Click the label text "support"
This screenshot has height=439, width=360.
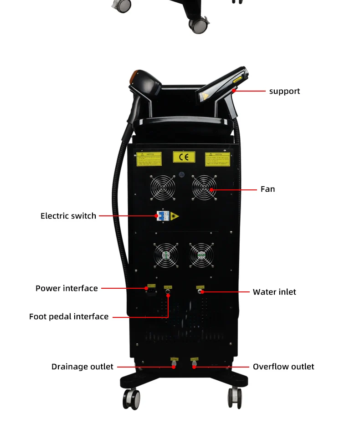click(284, 91)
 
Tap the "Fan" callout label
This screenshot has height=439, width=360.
click(267, 189)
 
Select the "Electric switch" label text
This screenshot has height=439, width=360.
click(68, 216)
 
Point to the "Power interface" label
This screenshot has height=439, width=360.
click(67, 288)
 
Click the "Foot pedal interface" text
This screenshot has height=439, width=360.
click(69, 316)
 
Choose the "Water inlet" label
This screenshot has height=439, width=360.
click(274, 292)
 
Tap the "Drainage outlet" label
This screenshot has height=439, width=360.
click(82, 367)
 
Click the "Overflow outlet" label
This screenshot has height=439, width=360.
click(283, 367)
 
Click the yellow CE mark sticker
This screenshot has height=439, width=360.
click(184, 157)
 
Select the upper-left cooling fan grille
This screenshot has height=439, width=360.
click(162, 188)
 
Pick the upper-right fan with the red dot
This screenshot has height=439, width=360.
click(204, 188)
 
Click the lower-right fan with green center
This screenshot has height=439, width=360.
click(201, 255)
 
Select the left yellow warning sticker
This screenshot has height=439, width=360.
click(149, 158)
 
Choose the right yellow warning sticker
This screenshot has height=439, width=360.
click(217, 158)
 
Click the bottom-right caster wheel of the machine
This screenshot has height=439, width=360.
click(235, 397)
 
